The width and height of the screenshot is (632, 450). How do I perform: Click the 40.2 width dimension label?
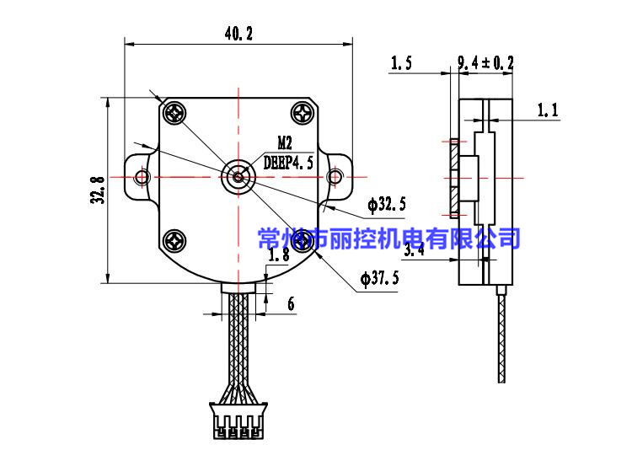coord(238,34)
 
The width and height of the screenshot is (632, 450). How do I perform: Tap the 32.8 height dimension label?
coord(98,190)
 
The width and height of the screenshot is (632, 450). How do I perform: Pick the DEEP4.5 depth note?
coord(288,162)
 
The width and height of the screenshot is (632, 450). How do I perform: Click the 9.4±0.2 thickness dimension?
coord(485,62)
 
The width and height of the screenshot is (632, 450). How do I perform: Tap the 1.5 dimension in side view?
coord(401,62)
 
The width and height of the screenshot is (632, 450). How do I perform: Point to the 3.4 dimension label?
coord(414,250)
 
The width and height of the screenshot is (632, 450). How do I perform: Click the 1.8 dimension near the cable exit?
coord(278,254)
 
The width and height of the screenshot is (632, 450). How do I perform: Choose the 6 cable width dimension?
coord(291,304)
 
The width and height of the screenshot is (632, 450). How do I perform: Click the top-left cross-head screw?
coord(175,112)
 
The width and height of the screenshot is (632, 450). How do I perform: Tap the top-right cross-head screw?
coord(303,112)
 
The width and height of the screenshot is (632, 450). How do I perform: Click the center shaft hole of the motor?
coord(238,176)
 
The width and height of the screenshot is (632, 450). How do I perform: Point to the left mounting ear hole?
coord(142,176)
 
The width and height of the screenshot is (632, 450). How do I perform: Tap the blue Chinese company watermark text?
coord(388,238)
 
